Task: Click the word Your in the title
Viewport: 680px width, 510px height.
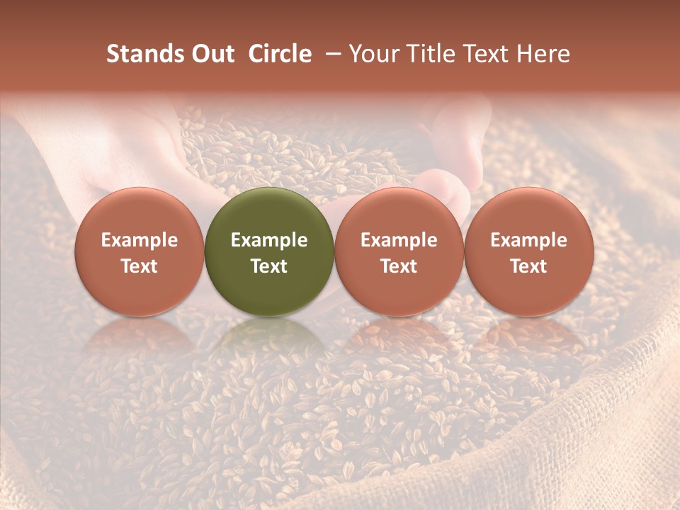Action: click(x=372, y=54)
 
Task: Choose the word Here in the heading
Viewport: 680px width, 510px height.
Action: click(x=545, y=54)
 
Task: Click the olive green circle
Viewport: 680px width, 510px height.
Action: click(x=269, y=251)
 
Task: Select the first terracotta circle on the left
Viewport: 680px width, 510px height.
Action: click(x=140, y=251)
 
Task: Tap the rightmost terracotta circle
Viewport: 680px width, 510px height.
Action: click(x=529, y=251)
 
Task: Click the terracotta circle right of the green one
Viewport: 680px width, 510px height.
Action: click(x=399, y=251)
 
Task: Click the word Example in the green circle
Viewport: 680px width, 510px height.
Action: click(x=269, y=240)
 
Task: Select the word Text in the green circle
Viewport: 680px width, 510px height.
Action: click(x=269, y=266)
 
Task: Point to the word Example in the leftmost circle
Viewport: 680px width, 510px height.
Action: click(x=140, y=240)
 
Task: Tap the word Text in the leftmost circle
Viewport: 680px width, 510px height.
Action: click(x=140, y=266)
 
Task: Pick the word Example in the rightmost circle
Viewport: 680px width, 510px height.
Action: click(x=529, y=240)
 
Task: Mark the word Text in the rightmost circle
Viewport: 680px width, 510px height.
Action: click(x=529, y=266)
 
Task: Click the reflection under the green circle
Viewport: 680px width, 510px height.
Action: click(x=269, y=340)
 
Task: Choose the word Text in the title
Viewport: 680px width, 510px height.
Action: click(x=482, y=54)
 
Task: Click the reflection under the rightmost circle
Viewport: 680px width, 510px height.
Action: click(x=529, y=340)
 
